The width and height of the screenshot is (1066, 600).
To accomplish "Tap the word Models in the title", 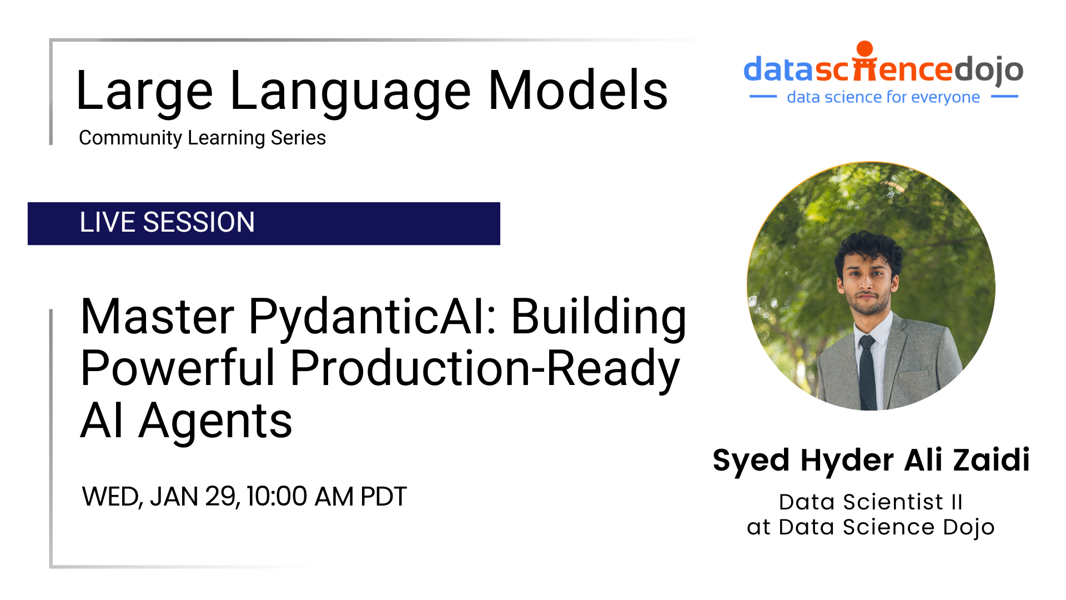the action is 578,90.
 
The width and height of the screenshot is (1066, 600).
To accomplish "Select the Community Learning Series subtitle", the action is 202,138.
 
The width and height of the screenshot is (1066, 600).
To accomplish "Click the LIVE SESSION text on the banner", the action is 167,222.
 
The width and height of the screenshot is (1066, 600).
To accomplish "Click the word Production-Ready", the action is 485,368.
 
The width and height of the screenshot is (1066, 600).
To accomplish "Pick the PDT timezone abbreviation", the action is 384,496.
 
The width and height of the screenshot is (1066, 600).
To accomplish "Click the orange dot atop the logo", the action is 864,48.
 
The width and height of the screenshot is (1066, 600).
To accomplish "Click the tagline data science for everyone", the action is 883,97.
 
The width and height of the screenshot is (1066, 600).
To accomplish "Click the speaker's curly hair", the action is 868,248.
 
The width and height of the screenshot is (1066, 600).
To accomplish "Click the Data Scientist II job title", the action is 871,502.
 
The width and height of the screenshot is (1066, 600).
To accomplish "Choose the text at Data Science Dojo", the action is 871,527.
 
